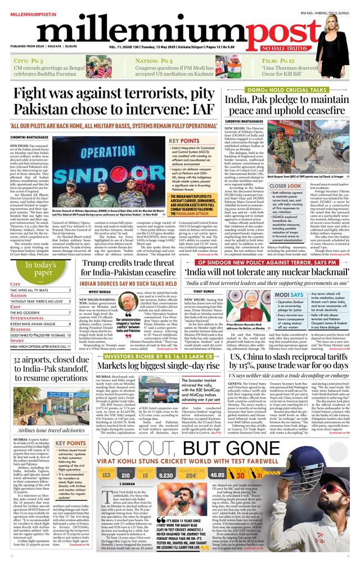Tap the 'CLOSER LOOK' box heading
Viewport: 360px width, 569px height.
tap(269, 186)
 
